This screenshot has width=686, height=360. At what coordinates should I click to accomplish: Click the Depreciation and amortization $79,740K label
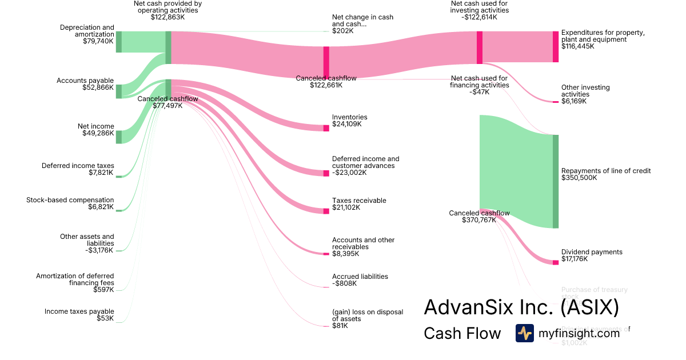click(87, 34)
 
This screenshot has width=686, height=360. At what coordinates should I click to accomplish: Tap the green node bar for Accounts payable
click(119, 91)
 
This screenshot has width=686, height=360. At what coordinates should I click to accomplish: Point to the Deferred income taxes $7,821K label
click(78, 169)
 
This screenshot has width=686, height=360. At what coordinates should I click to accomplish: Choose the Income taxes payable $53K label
click(79, 315)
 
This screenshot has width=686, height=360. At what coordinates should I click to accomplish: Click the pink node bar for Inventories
click(326, 128)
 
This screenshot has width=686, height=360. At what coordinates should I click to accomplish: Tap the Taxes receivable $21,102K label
click(359, 204)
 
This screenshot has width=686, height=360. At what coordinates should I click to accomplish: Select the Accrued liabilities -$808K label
click(360, 279)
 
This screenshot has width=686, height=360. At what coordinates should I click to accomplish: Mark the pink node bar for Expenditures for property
click(555, 46)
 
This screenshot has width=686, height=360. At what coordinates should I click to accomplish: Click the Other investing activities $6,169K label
click(585, 94)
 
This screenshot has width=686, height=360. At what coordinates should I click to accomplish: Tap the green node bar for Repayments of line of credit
click(555, 181)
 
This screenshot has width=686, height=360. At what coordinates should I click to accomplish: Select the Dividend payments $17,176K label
click(592, 255)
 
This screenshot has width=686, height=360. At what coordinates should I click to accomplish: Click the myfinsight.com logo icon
click(525, 333)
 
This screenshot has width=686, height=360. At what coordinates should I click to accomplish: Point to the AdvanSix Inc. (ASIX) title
click(521, 307)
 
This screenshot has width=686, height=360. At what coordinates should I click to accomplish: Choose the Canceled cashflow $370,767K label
click(479, 217)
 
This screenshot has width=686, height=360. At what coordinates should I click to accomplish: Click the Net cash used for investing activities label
click(479, 10)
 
